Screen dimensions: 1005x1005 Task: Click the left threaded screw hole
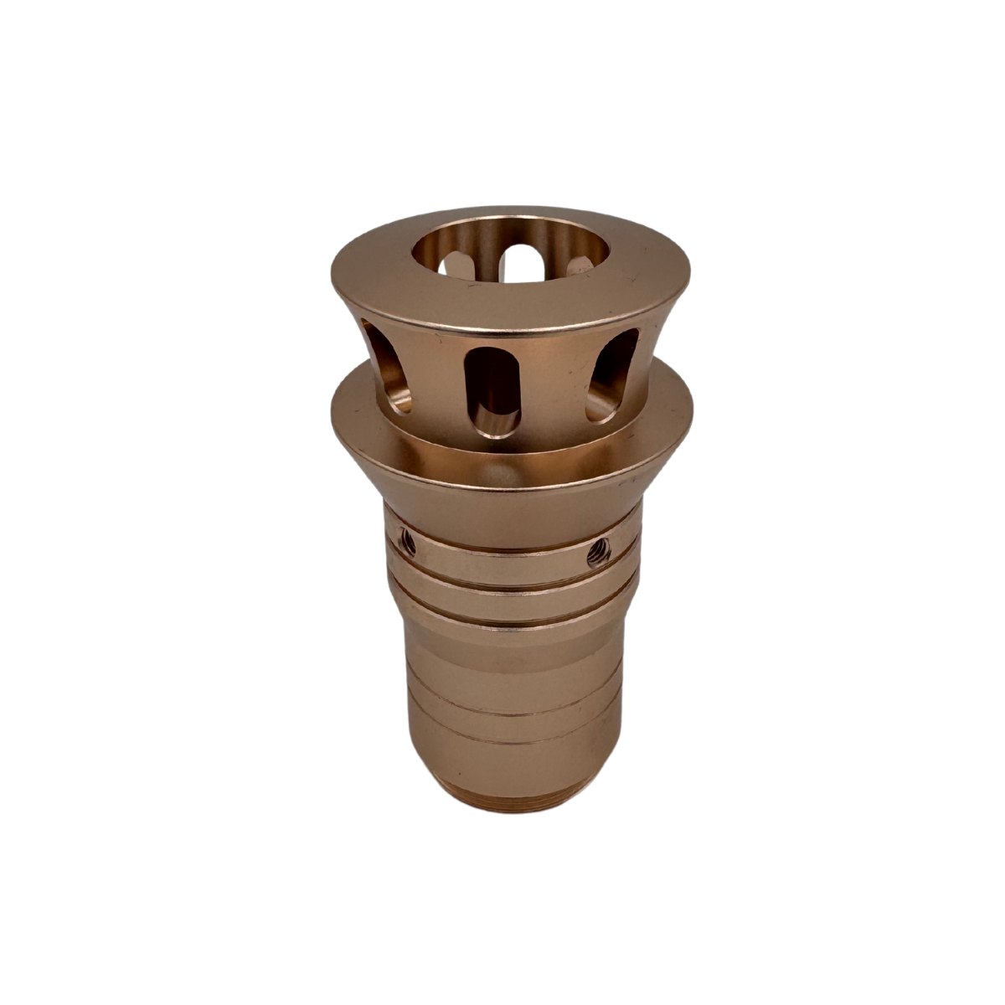tap(408, 544)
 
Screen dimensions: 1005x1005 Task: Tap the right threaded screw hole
tap(597, 551)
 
